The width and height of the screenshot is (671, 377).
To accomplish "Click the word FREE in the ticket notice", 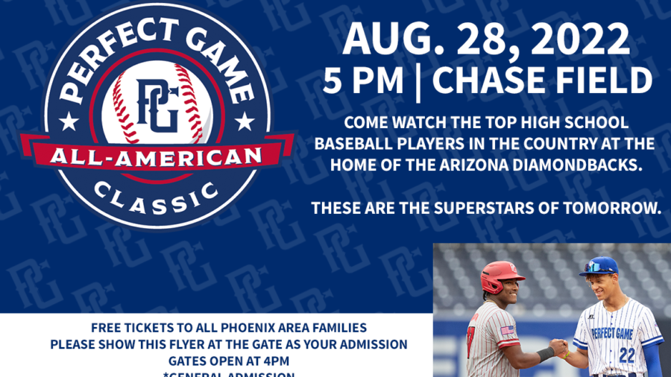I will pos(106,328).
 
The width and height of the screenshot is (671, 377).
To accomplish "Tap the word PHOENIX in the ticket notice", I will pos(229,328).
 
